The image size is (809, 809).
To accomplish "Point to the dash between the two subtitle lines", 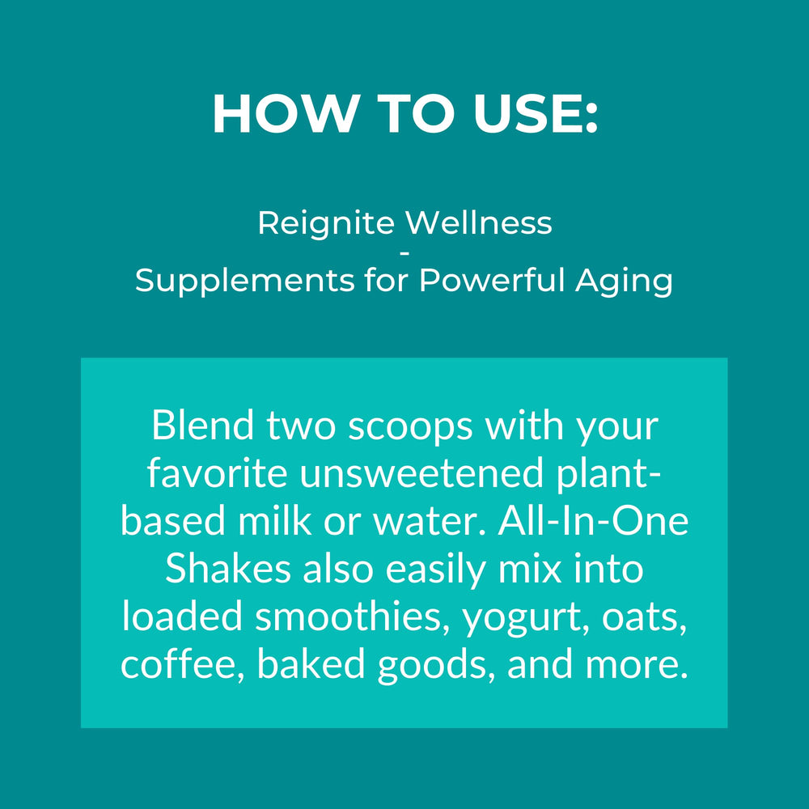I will [x=404, y=253].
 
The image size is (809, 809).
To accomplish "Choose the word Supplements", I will [x=243, y=282].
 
